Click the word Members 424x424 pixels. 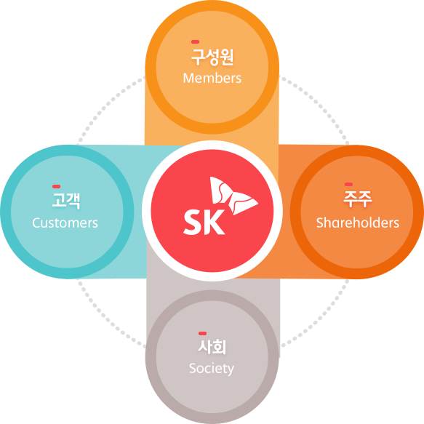[212, 78]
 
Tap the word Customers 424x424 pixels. [65, 223]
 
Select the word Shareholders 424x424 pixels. [358, 223]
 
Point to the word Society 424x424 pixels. [212, 369]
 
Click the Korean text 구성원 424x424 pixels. [212, 57]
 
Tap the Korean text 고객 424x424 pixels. [66, 201]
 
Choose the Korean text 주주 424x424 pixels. [358, 199]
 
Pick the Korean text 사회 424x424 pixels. [212, 347]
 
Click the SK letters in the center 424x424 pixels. [204, 222]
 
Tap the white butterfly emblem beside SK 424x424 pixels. [233, 196]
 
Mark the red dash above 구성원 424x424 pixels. [195, 41]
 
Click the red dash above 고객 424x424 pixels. [56, 186]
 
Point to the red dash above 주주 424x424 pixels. [349, 185]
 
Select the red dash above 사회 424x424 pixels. [202, 333]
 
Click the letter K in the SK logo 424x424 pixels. [215, 222]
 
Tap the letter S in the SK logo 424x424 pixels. [193, 222]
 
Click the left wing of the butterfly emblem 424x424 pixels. [220, 190]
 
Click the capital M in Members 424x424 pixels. [188, 78]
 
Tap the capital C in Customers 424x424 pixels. [36, 223]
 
